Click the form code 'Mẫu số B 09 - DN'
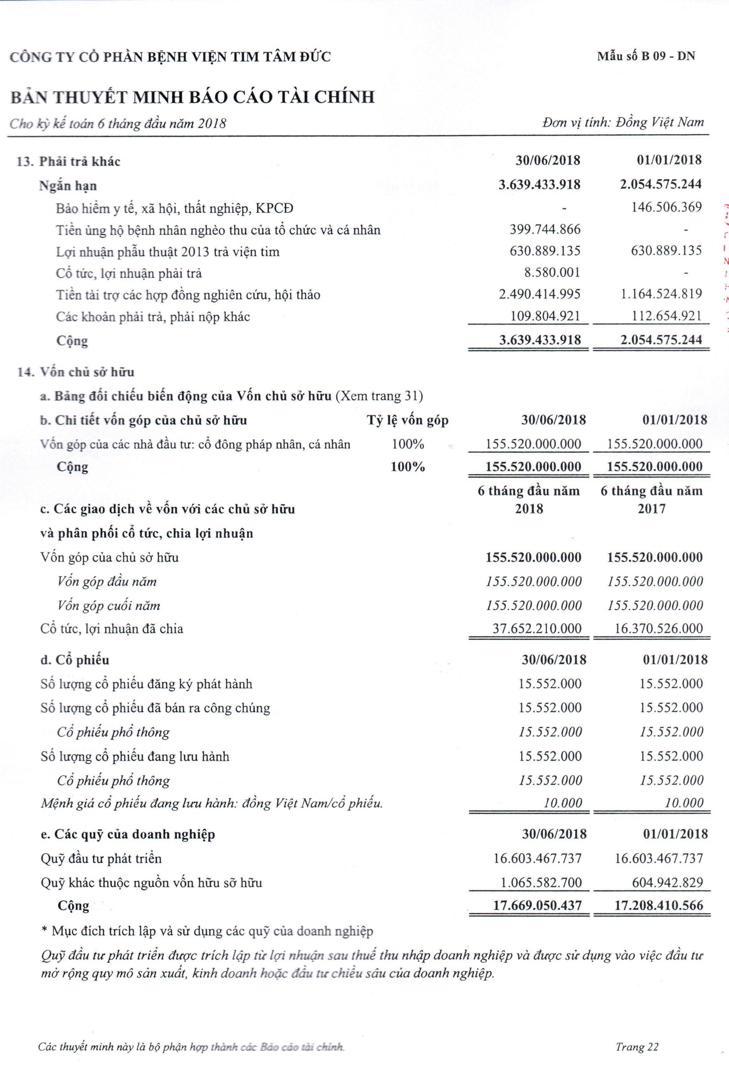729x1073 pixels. (x=646, y=56)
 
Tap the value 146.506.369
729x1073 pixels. (x=666, y=207)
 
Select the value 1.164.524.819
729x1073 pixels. (x=661, y=294)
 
